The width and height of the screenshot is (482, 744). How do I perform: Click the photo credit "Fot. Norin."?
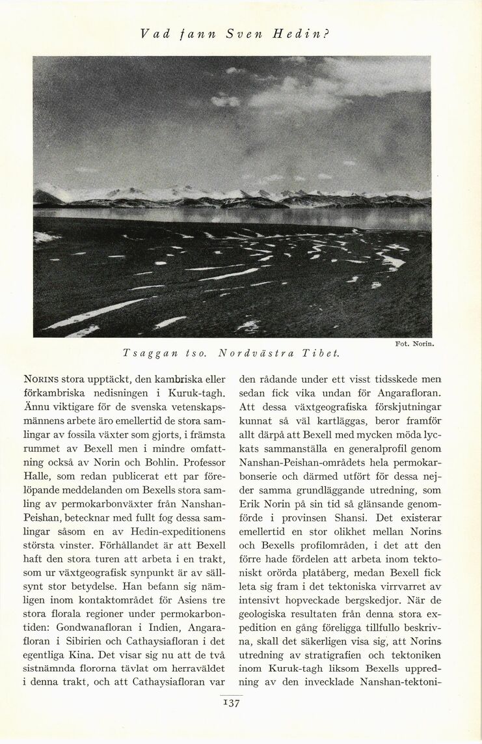415,343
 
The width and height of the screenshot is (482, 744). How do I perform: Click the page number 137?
232,702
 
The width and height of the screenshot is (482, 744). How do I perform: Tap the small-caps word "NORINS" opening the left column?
41,378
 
